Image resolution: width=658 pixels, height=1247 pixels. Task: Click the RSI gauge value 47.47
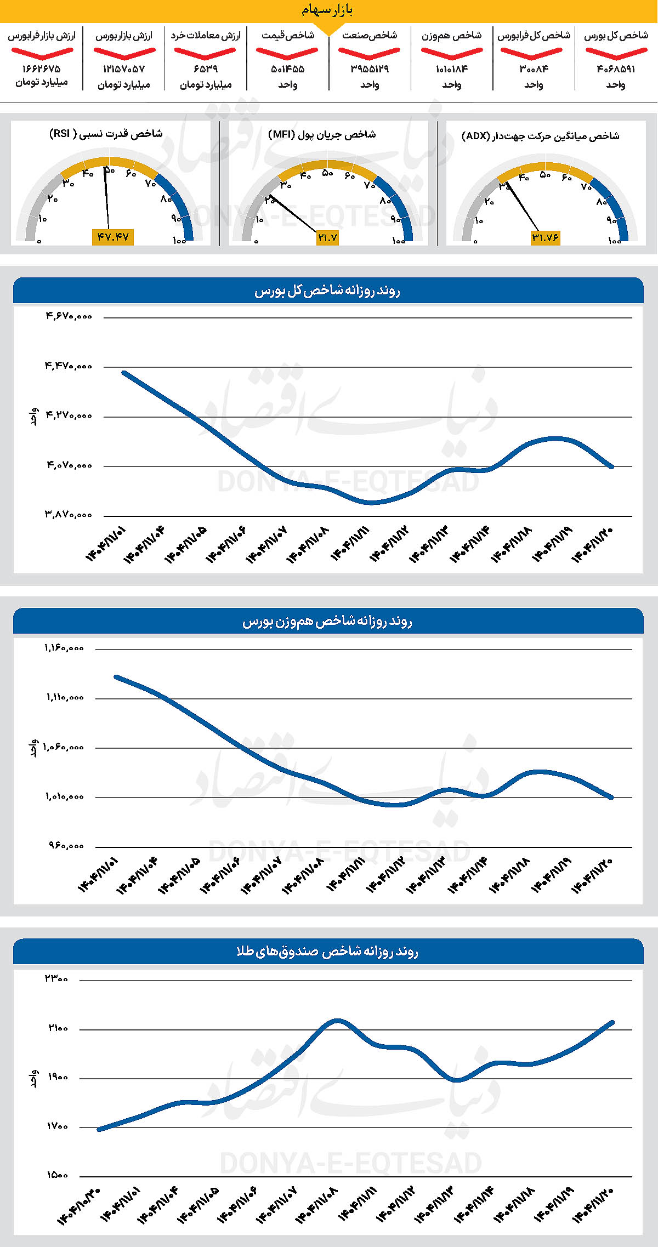pos(113,237)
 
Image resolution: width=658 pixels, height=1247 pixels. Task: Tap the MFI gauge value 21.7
pos(327,237)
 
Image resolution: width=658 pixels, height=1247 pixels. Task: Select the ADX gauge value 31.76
pos(545,237)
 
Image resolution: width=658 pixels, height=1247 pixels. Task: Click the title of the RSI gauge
pos(106,134)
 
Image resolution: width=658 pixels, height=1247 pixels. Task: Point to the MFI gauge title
pos(322,134)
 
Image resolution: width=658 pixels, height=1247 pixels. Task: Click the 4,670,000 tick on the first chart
pos(69,316)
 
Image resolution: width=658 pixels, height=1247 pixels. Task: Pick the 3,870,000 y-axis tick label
pos(69,515)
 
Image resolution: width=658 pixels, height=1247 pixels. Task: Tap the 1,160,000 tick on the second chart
pos(64,648)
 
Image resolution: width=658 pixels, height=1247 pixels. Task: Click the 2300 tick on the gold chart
pos(56,978)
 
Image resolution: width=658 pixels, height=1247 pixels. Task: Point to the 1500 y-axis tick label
pos(57,1175)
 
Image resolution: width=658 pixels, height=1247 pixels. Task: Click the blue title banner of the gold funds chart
pos(328,951)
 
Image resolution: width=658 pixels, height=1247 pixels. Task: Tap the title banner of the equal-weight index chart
pos(328,621)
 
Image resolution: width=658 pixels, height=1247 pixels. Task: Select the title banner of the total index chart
pos(328,291)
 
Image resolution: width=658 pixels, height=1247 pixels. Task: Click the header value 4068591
pos(616,69)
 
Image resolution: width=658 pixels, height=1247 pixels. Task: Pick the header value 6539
pos(206,69)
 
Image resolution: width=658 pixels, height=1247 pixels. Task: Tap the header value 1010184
pos(452,69)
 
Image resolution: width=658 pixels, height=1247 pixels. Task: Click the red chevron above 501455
pos(287,53)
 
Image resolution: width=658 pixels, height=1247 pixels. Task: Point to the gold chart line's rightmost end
pos(612,1022)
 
